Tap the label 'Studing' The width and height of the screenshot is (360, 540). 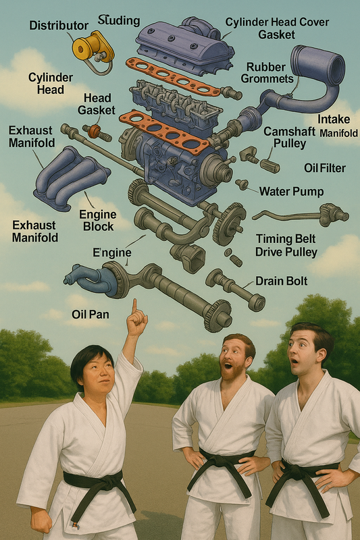tap(119, 20)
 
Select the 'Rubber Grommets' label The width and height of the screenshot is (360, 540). tap(267, 73)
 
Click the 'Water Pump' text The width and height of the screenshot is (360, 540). tap(292, 192)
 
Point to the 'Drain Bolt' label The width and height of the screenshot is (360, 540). tap(282, 281)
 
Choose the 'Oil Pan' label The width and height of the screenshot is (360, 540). tap(91, 314)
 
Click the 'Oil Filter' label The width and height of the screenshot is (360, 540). tap(324, 168)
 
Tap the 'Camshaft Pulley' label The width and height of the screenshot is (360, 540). tap(289, 138)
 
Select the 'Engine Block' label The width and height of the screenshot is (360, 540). tap(98, 221)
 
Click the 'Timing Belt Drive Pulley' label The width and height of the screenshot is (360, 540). tap(286, 245)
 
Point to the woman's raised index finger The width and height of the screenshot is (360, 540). tap(134, 306)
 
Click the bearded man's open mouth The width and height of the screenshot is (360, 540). tap(228, 366)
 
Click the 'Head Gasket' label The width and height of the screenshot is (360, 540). tap(97, 104)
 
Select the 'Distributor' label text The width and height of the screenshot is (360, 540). tap(59, 25)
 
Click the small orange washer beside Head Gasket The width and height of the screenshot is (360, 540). tap(94, 131)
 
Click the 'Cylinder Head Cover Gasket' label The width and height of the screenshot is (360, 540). tap(277, 28)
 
